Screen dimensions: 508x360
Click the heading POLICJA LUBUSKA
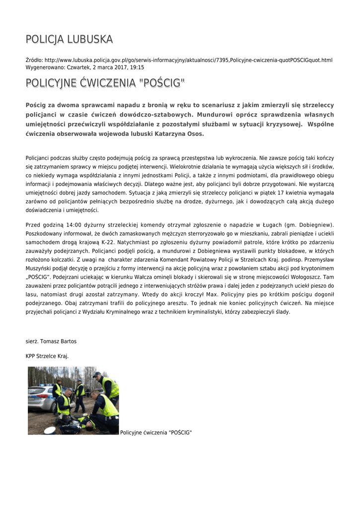[69, 39]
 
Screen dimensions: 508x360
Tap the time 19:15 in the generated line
[138, 67]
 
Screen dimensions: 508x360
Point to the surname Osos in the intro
[194, 134]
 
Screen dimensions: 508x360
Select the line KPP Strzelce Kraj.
[47, 356]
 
